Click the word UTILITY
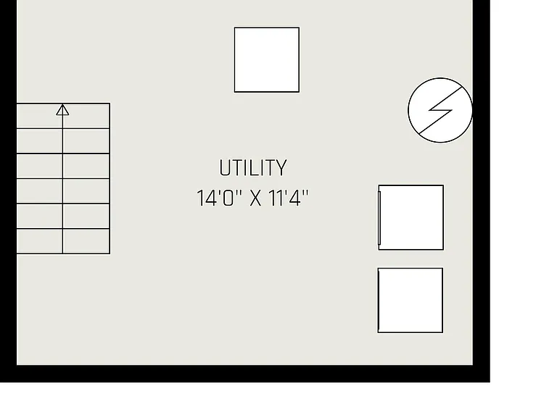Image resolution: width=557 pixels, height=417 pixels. (x=253, y=168)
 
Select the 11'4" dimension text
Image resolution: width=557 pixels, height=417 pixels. (x=288, y=198)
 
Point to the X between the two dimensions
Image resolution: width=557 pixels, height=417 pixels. (x=255, y=198)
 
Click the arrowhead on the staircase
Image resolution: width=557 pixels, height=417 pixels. (x=62, y=109)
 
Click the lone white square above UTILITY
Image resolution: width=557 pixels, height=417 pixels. (x=267, y=59)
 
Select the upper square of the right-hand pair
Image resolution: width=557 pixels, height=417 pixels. (x=411, y=217)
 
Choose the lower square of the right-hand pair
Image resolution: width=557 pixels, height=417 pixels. (x=410, y=300)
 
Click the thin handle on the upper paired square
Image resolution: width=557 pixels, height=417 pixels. (x=379, y=217)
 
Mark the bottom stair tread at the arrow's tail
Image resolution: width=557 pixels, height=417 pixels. (x=63, y=241)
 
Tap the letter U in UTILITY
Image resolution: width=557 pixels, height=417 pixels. (x=225, y=168)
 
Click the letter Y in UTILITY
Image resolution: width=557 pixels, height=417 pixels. (x=281, y=168)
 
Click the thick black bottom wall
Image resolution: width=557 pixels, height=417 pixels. (x=245, y=374)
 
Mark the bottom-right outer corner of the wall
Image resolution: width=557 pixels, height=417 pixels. (x=490, y=382)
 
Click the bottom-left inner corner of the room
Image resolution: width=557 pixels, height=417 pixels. (x=17, y=365)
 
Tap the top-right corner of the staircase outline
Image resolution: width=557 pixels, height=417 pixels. (x=110, y=104)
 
